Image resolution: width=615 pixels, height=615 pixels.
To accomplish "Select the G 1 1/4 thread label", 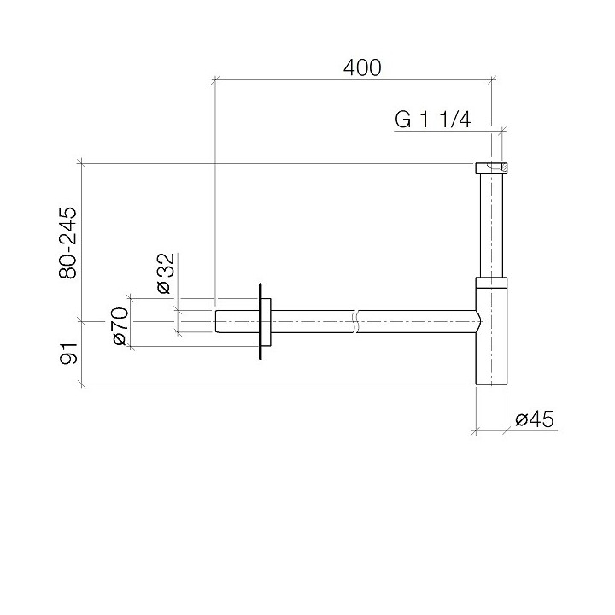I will pyautogui.click(x=433, y=120).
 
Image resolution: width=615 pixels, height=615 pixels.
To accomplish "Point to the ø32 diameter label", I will pyautogui.click(x=166, y=273).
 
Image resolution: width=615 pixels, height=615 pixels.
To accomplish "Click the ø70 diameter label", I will pyautogui.click(x=120, y=327).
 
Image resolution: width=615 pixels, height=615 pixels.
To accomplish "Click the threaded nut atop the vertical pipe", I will pyautogui.click(x=491, y=167).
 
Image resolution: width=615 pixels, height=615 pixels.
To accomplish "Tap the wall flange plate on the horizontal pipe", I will pyautogui.click(x=260, y=321).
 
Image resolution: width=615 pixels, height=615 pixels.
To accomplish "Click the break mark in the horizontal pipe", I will pyautogui.click(x=354, y=321).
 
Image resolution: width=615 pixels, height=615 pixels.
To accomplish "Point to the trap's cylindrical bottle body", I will pyautogui.click(x=491, y=342).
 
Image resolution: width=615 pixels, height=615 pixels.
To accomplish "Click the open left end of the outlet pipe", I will pyautogui.click(x=216, y=321).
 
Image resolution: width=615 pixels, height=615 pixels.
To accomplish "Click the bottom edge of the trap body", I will pyautogui.click(x=491, y=384).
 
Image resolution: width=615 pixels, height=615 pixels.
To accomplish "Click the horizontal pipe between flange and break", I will pyautogui.click(x=312, y=321).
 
